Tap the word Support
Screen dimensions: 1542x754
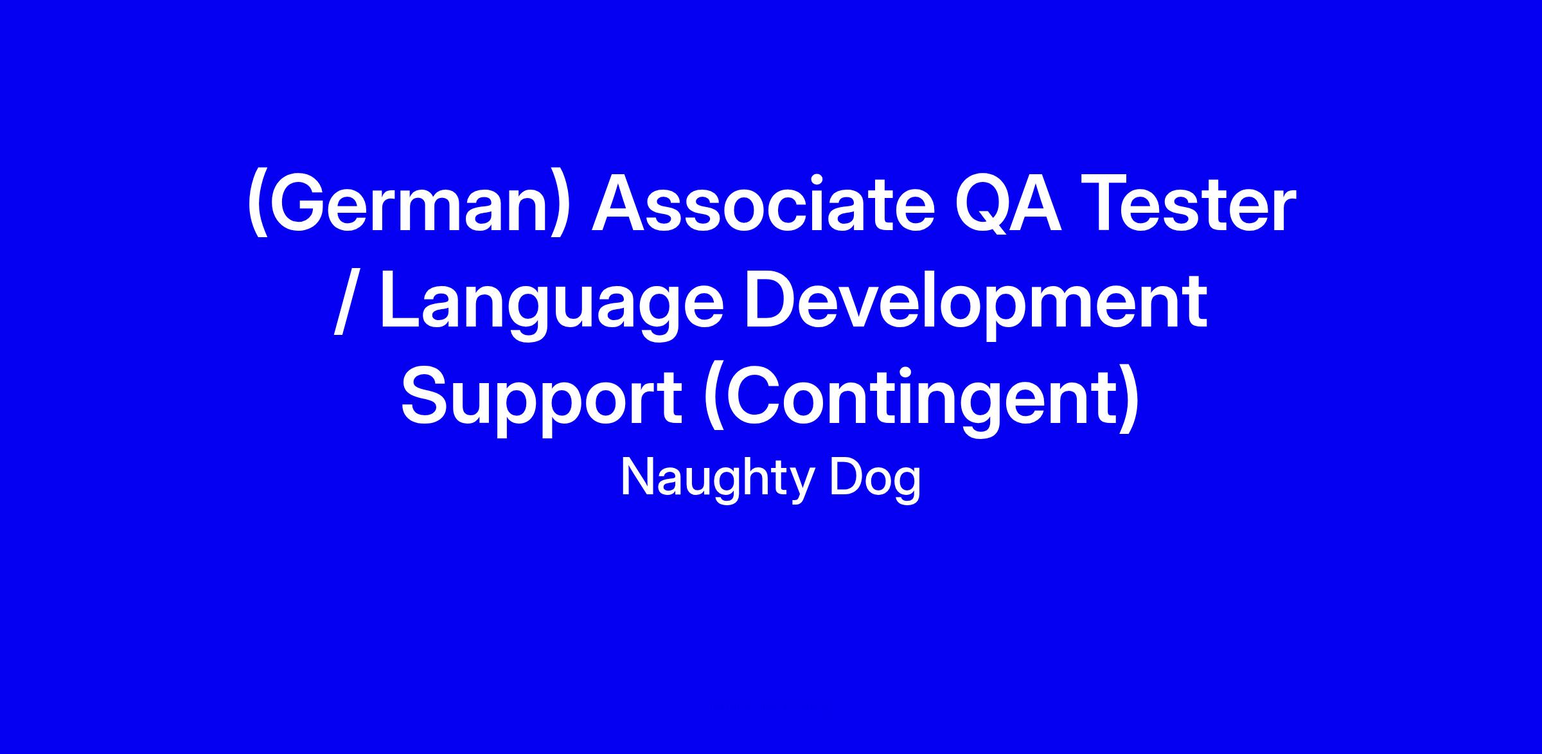[x=542, y=399]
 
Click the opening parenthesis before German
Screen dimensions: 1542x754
[x=258, y=206]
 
